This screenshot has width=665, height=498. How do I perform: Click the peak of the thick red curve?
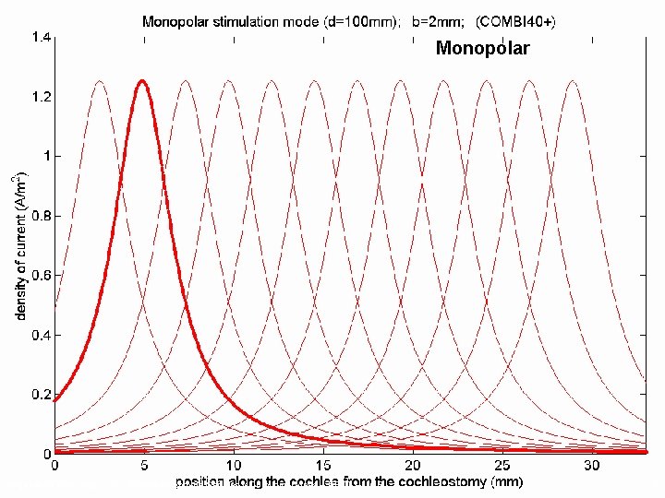[x=142, y=81]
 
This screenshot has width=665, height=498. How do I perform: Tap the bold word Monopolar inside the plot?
[x=483, y=48]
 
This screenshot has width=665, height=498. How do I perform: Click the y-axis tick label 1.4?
[x=42, y=37]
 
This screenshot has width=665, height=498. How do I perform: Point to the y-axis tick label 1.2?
[x=42, y=97]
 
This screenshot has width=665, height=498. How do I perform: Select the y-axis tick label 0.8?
[x=42, y=216]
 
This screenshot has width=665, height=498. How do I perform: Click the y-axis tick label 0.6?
[x=42, y=276]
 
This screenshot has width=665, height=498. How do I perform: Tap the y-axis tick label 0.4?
[x=42, y=336]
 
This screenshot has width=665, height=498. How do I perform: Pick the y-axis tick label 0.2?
[x=42, y=395]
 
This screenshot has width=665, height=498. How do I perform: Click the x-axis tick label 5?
[x=144, y=466]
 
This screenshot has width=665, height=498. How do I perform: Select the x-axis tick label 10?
[x=234, y=466]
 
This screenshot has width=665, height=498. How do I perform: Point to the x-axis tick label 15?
[x=323, y=466]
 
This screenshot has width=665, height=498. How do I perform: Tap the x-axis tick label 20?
[x=413, y=466]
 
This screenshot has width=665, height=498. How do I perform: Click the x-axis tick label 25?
[x=502, y=466]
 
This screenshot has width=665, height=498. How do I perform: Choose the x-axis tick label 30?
[x=592, y=466]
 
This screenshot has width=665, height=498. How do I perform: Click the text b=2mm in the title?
[x=438, y=21]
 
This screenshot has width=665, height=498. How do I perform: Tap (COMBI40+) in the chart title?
[x=515, y=21]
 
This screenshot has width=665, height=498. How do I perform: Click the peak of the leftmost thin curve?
[x=100, y=81]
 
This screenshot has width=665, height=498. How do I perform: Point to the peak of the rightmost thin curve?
[x=573, y=81]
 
